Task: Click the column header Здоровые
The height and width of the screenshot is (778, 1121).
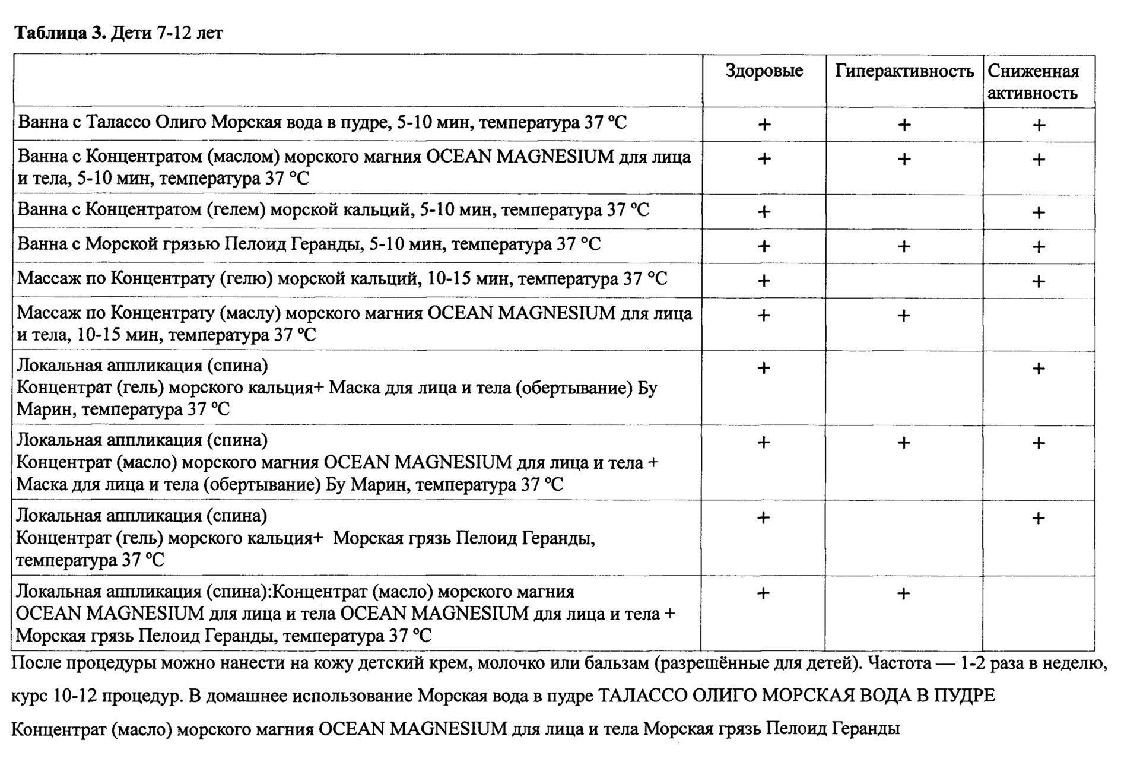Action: click(x=764, y=72)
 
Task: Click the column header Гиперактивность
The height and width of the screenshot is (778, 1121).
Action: click(x=904, y=72)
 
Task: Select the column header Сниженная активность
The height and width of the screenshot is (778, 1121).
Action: click(x=1033, y=82)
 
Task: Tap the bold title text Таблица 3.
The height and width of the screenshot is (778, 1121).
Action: click(x=59, y=33)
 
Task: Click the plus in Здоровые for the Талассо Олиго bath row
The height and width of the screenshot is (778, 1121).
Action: click(x=764, y=125)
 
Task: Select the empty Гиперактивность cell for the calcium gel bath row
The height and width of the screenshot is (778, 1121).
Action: click(x=904, y=211)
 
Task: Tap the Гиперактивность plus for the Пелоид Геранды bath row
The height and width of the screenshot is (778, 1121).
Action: click(x=904, y=246)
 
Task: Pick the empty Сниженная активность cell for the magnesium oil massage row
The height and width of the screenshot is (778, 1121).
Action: click(x=1039, y=324)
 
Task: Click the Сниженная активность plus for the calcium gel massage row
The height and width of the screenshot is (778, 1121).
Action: click(x=1039, y=281)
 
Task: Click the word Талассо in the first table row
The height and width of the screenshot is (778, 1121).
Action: click(x=118, y=123)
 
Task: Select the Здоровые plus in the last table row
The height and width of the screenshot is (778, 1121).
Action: click(x=764, y=593)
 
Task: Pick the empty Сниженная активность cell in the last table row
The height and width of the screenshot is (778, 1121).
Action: click(x=1039, y=614)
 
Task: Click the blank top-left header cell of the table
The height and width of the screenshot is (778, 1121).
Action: click(x=357, y=81)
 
